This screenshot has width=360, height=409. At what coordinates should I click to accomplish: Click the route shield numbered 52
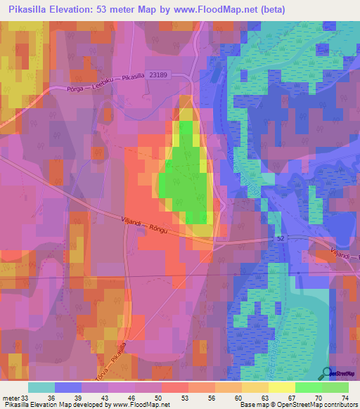click(281, 240)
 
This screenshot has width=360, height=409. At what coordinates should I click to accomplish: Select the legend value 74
click(344, 397)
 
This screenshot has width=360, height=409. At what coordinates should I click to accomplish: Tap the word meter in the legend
click(11, 397)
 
